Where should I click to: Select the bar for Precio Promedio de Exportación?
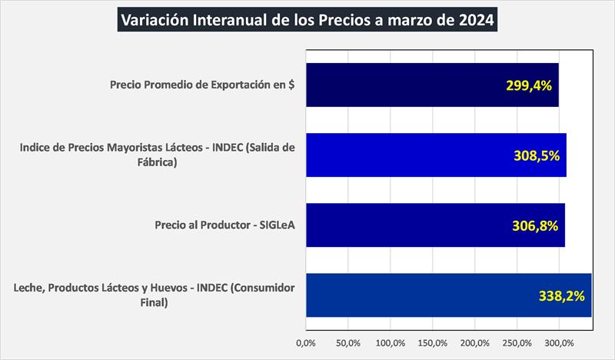tap(415, 85)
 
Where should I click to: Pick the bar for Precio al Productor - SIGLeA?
tap(415, 225)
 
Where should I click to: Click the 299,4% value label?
tap(529, 85)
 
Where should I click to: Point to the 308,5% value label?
tap(536, 155)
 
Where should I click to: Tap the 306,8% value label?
tap(534, 226)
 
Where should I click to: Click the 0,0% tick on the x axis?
tap(306, 342)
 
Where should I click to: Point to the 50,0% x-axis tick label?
tap(348, 342)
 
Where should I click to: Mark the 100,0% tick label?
tap(391, 342)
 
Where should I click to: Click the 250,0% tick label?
tap(517, 342)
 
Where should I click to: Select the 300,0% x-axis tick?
tap(559, 342)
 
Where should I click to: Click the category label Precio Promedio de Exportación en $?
tap(203, 85)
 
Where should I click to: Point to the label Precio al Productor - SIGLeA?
tap(225, 226)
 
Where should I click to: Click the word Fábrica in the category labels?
tap(155, 163)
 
